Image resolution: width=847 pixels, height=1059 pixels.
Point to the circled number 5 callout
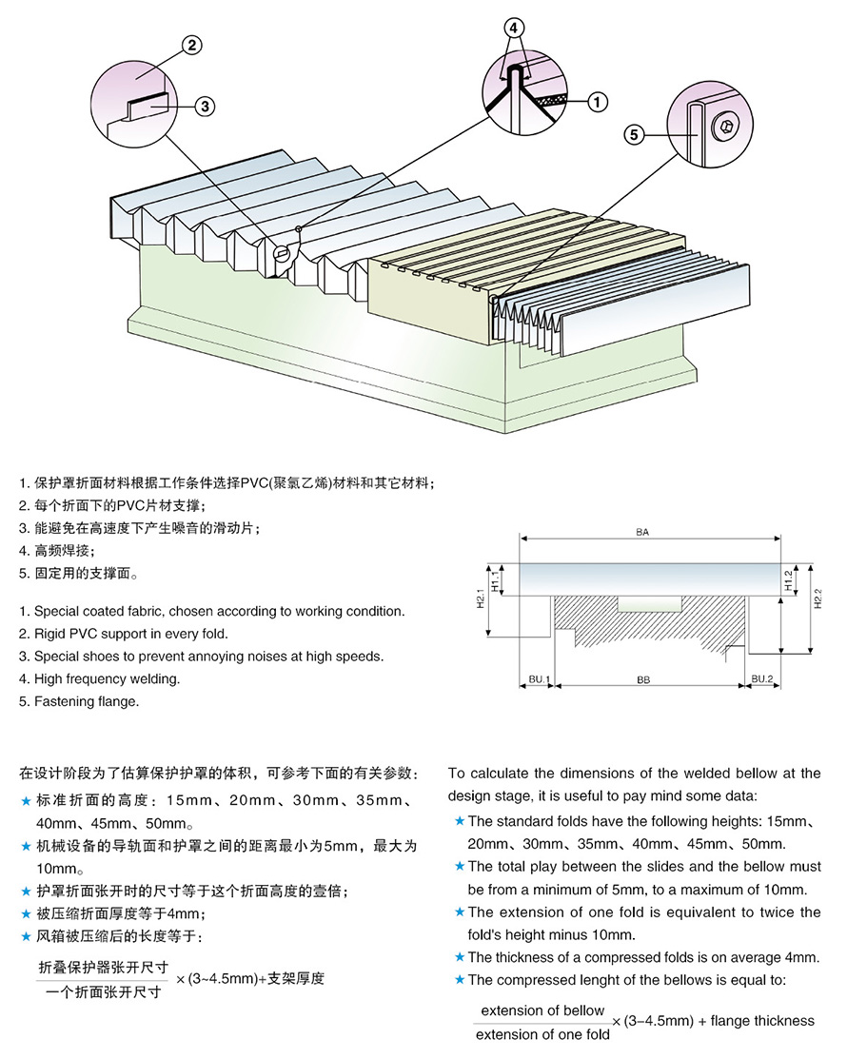tap(634, 134)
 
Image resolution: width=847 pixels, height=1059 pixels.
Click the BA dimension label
tap(642, 533)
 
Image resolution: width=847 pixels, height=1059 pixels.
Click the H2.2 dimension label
tap(817, 598)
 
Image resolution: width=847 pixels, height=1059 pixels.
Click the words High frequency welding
tap(107, 678)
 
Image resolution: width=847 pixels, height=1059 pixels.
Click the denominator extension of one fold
tap(542, 1034)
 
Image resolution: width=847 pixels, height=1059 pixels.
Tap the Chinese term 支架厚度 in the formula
tap(297, 977)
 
